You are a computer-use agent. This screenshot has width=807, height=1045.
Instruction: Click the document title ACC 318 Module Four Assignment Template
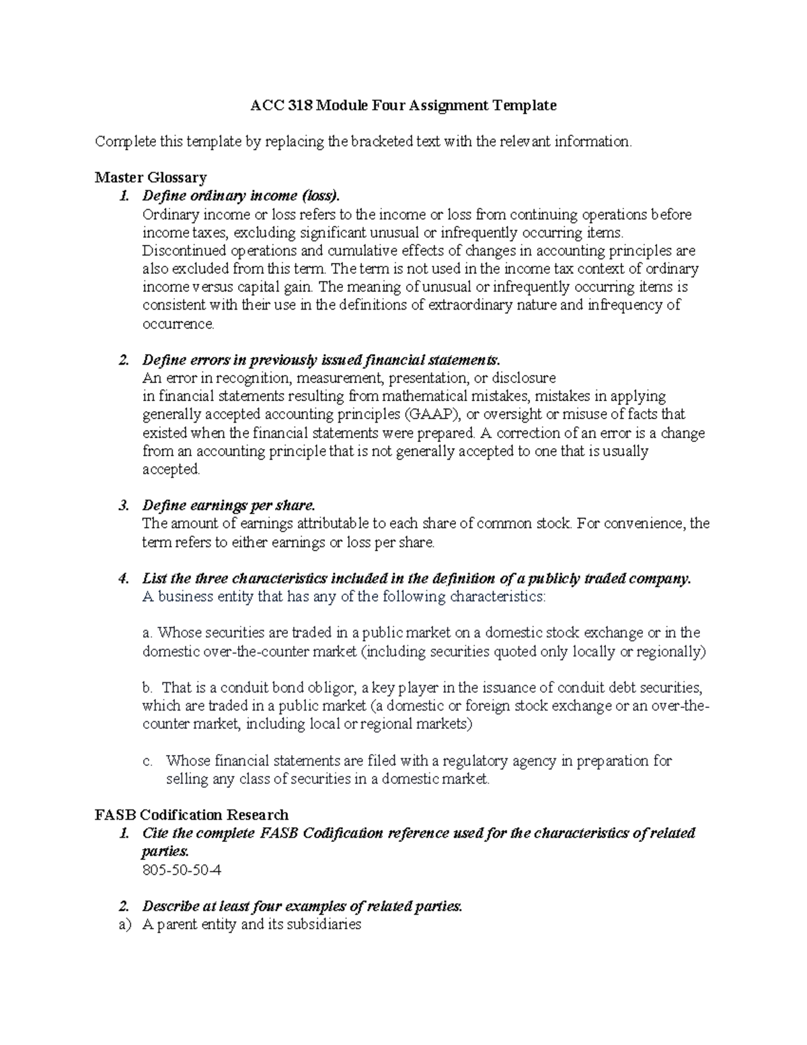(403, 106)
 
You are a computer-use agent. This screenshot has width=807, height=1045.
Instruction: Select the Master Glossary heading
(151, 178)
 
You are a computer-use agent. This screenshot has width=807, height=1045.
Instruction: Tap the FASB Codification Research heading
(192, 815)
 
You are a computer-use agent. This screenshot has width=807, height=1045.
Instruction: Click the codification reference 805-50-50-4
(182, 870)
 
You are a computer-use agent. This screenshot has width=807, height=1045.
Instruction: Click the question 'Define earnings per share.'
(228, 505)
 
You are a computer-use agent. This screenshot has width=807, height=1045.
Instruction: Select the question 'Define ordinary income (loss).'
(241, 196)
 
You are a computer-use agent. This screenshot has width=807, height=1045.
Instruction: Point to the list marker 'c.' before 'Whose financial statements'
(148, 761)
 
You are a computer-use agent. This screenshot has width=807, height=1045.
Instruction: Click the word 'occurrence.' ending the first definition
(178, 324)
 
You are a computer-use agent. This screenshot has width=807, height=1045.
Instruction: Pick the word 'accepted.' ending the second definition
(171, 469)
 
